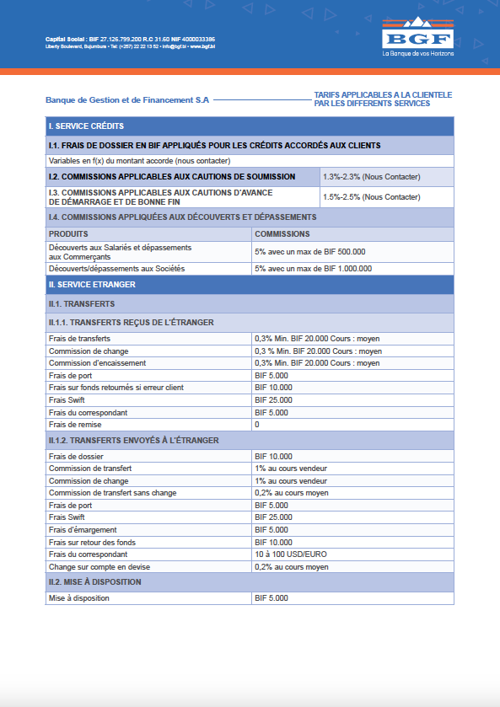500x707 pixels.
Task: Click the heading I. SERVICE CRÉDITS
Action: pos(87,126)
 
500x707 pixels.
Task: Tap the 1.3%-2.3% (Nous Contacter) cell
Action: pos(371,177)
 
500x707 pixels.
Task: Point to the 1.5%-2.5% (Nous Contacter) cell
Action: pos(371,197)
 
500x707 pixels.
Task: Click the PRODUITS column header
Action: pos(68,233)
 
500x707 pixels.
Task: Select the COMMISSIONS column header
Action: pos(282,233)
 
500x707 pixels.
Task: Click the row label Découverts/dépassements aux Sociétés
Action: pos(116,268)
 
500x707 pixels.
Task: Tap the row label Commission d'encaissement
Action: pos(98,363)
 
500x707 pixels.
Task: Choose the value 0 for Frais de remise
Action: pos(257,425)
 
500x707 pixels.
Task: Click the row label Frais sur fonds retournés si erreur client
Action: pos(116,388)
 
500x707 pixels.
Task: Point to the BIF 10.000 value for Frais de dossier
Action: pos(273,456)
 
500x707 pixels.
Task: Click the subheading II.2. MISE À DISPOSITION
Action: pos(95,582)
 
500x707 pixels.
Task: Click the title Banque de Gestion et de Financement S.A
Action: pos(127,99)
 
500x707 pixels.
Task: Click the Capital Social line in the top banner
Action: pos(130,40)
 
